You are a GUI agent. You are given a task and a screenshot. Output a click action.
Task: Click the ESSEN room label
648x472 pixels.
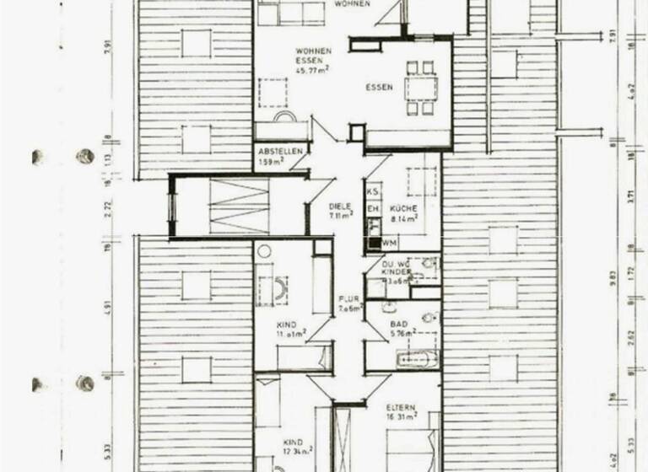pos(379,87)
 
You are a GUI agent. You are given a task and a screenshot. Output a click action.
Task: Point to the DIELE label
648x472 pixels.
pos(340,206)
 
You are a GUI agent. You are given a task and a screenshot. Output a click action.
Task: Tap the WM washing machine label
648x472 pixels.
pos(389,243)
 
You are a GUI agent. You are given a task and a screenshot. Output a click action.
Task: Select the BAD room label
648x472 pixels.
pos(399,324)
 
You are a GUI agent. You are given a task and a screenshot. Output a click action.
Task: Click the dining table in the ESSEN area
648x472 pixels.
pos(419,87)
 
